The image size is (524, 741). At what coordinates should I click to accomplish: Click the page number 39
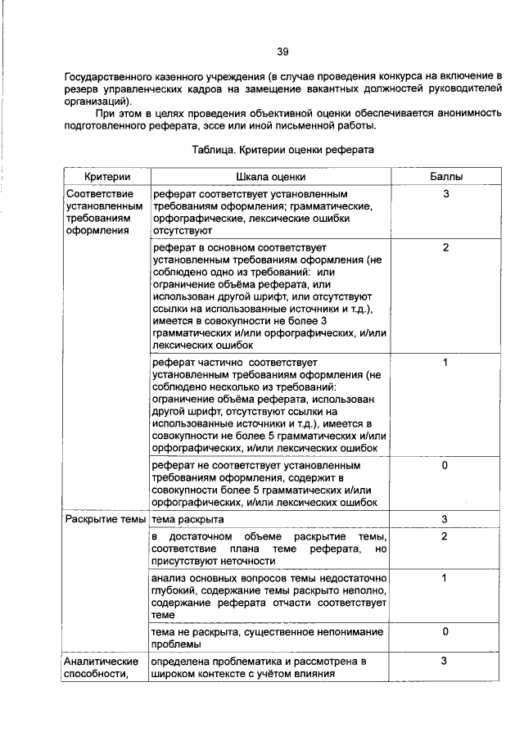click(282, 52)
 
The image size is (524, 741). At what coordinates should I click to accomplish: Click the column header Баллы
click(445, 177)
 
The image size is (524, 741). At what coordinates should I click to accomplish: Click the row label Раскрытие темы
click(106, 519)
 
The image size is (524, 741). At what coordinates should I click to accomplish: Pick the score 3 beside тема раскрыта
click(445, 519)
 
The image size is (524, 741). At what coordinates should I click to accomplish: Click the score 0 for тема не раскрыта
click(445, 631)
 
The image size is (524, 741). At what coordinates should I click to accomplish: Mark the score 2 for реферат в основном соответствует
click(445, 246)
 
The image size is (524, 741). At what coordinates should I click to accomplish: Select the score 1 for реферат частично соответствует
click(445, 360)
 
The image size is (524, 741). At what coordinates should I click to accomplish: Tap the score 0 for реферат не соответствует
click(445, 465)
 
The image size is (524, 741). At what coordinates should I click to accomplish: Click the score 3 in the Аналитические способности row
click(445, 661)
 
